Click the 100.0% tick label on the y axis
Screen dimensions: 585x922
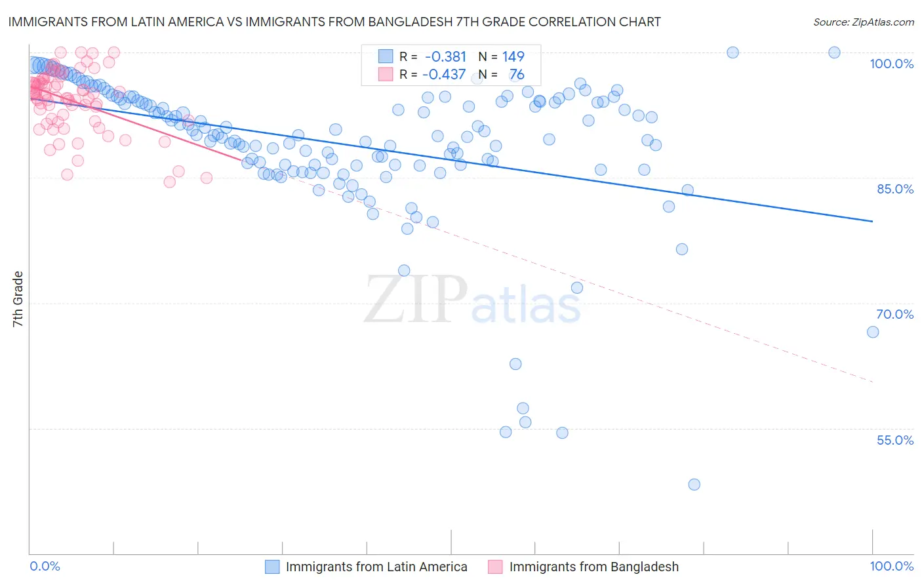891,64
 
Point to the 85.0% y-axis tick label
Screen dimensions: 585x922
895,189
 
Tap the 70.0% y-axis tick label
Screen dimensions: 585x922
895,314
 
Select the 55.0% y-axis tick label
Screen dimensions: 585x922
895,440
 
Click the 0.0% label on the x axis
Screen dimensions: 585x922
45,566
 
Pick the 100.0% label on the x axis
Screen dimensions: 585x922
891,566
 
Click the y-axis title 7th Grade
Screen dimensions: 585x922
18,299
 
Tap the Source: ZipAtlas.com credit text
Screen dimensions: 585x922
863,22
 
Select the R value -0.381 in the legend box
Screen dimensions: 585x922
445,56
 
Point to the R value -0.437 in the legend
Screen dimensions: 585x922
444,75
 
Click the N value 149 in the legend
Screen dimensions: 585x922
513,56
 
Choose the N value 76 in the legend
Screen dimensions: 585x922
517,75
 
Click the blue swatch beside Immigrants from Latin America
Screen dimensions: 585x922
272,567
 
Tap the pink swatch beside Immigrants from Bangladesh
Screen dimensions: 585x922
495,567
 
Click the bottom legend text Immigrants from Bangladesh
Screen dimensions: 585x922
593,567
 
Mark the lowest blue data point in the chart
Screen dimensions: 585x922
694,485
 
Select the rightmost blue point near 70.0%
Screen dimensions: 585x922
873,332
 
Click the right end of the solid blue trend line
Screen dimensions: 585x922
872,221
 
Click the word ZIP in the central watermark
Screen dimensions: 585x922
415,300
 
